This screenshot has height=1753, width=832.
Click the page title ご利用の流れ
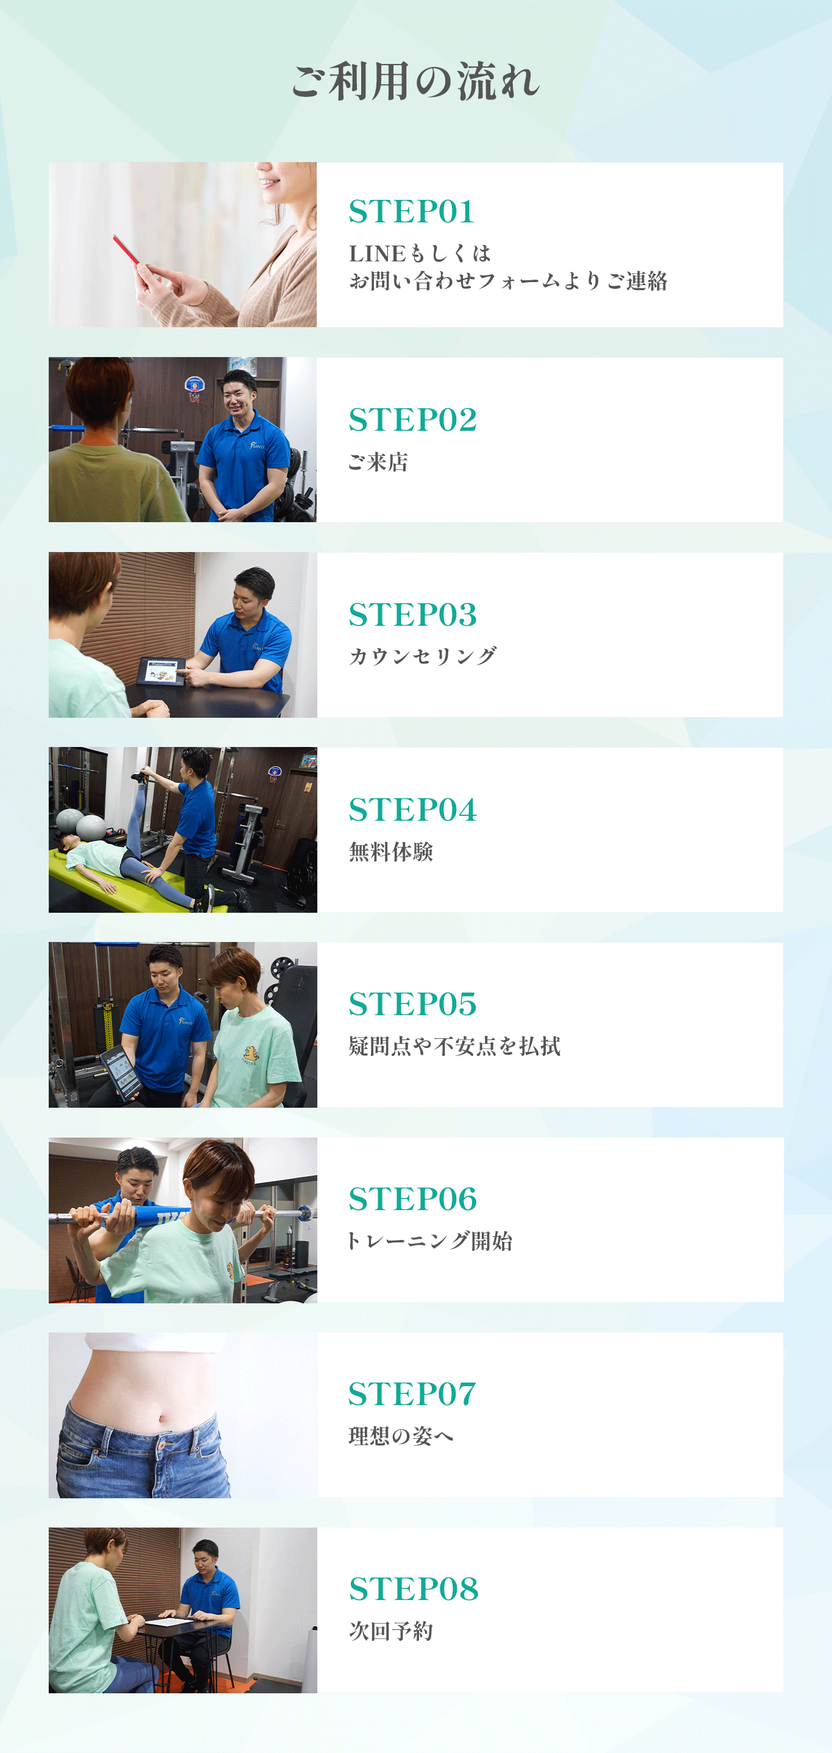pyautogui.click(x=415, y=82)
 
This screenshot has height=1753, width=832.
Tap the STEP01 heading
pyautogui.click(x=411, y=211)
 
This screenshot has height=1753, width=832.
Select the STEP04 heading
pyautogui.click(x=412, y=810)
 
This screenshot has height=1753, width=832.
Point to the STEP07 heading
pyautogui.click(x=412, y=1394)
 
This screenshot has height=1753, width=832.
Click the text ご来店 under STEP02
pyautogui.click(x=378, y=462)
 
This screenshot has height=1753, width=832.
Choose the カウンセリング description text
pyautogui.click(x=423, y=656)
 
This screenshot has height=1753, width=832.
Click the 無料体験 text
pyautogui.click(x=390, y=851)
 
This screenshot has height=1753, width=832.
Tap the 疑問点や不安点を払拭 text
pyautogui.click(x=454, y=1046)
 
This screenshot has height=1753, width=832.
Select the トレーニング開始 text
pyautogui.click(x=429, y=1241)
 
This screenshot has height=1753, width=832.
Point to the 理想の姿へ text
pyautogui.click(x=401, y=1436)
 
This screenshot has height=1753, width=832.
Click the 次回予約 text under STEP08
pyautogui.click(x=390, y=1631)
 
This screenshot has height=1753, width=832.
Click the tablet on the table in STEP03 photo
pyautogui.click(x=162, y=670)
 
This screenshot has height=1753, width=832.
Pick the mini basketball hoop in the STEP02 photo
pyautogui.click(x=194, y=387)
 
